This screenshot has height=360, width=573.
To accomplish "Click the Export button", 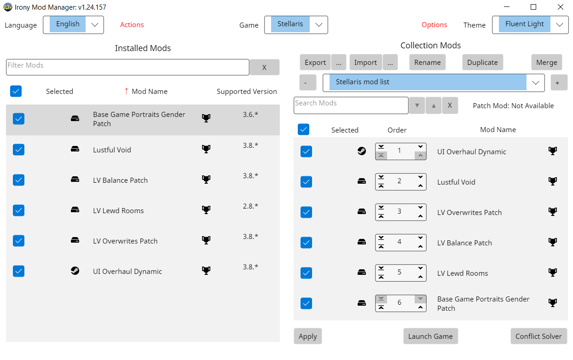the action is tap(315, 62).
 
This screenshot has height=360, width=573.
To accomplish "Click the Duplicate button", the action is tap(482, 62).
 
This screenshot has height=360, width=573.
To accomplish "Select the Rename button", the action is tap(428, 62).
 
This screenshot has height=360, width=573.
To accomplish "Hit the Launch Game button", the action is tap(430, 336).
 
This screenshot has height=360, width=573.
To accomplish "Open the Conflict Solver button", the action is tap(539, 336).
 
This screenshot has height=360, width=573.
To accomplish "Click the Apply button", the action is tap(308, 336).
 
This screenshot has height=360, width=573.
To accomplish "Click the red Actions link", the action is tap(132, 24).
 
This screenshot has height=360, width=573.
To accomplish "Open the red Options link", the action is tap(434, 24).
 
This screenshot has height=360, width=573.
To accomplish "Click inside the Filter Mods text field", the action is tap(127, 67).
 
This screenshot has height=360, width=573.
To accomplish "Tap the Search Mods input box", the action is tap(351, 105).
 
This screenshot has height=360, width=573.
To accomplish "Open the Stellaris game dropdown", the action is tap(296, 24).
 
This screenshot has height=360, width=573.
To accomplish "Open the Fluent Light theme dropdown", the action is tap(530, 24).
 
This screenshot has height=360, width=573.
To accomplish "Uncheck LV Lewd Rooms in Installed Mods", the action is tap(19, 210).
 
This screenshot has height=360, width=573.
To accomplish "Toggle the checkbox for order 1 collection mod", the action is tap(306, 151).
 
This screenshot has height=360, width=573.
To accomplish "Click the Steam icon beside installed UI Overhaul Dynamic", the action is tap(75, 271).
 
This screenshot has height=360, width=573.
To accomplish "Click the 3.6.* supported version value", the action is tap(250, 114).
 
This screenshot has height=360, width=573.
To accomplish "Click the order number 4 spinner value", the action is tap(399, 242).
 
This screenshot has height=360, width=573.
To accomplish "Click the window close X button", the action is tap(561, 7).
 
